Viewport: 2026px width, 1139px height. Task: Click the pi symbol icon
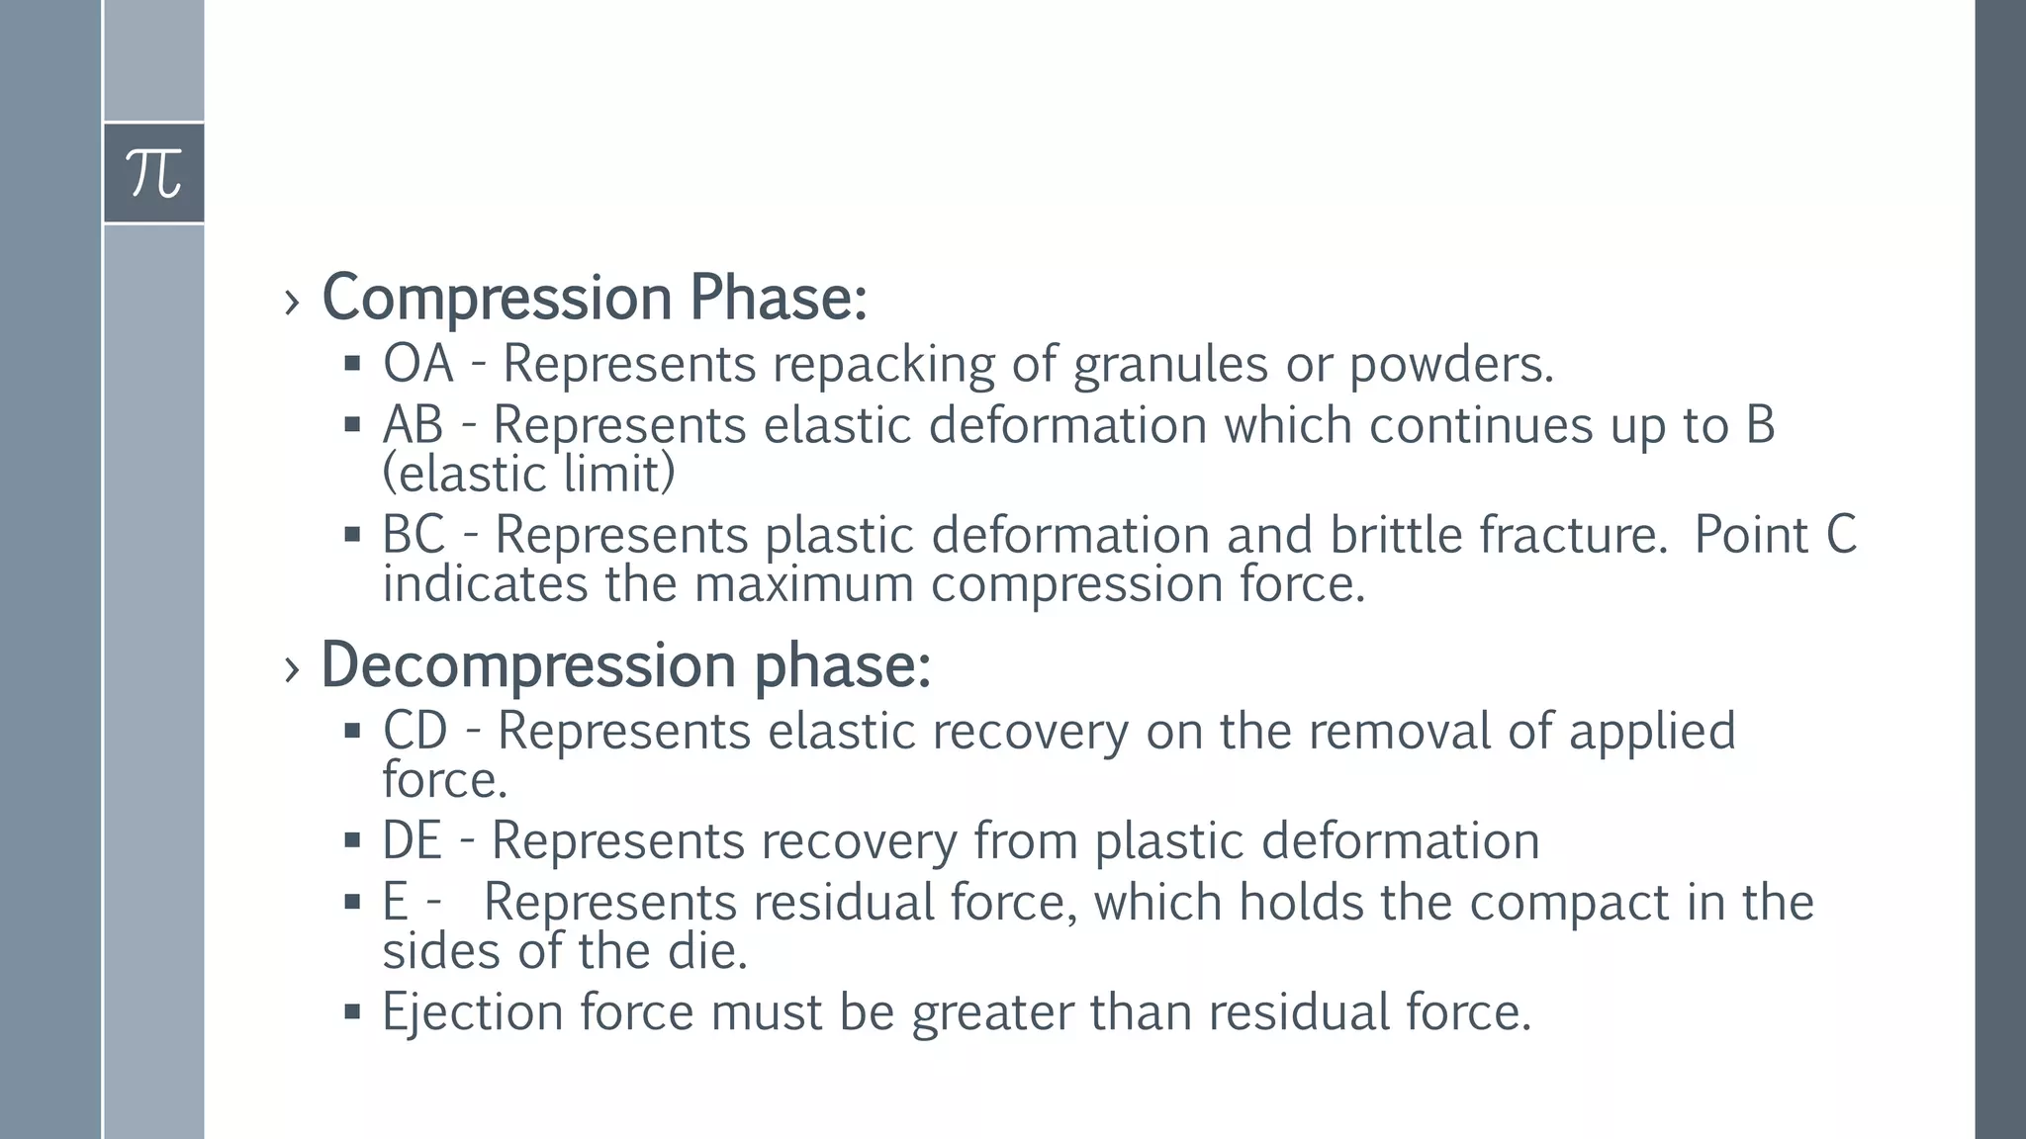click(154, 173)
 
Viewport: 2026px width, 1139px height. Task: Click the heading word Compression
click(498, 298)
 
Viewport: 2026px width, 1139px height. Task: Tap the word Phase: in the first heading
click(779, 298)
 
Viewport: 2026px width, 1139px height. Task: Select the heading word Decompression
click(528, 665)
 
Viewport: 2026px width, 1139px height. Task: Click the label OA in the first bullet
click(418, 364)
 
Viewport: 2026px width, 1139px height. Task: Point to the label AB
click(413, 425)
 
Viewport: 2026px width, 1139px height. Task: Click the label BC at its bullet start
click(414, 535)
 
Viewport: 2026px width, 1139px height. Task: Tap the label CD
click(415, 732)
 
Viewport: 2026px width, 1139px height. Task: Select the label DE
click(412, 841)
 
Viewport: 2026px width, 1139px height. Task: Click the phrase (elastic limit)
click(528, 474)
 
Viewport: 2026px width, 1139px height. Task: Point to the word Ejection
click(473, 1012)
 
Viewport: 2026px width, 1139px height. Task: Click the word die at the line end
click(706, 951)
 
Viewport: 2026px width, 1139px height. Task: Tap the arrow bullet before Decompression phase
click(291, 669)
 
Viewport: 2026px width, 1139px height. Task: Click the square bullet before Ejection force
click(352, 1011)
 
